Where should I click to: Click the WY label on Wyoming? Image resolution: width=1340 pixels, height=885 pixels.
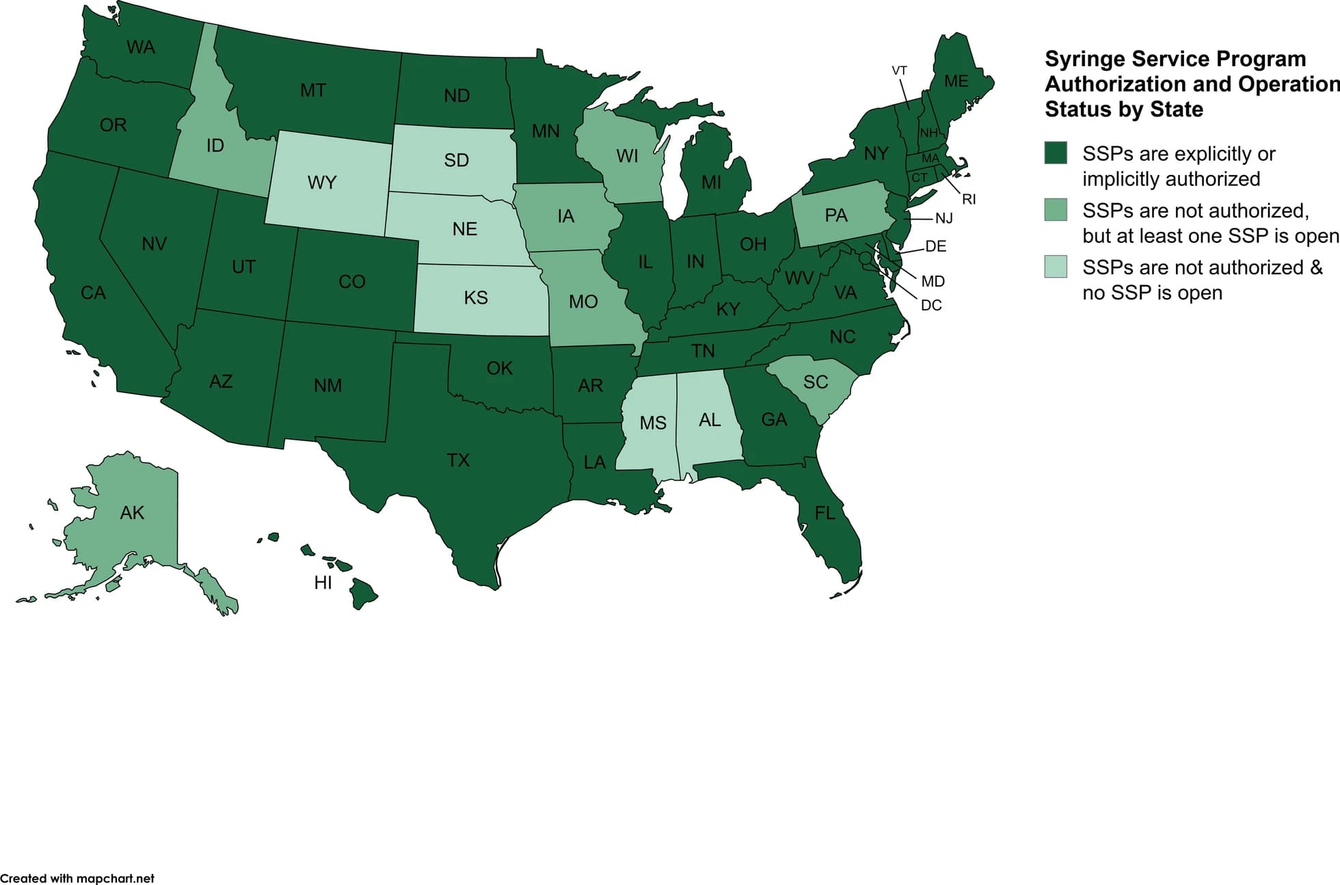pyautogui.click(x=321, y=183)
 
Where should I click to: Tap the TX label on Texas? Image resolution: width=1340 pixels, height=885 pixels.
pyautogui.click(x=458, y=460)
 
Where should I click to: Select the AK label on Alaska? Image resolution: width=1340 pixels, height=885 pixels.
pyautogui.click(x=132, y=512)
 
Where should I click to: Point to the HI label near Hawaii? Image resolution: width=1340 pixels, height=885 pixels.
pyautogui.click(x=323, y=582)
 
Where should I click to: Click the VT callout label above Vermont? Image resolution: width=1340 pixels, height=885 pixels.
pyautogui.click(x=899, y=71)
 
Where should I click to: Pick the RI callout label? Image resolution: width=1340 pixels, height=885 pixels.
pyautogui.click(x=969, y=200)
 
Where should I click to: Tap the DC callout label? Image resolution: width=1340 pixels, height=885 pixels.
pyautogui.click(x=931, y=305)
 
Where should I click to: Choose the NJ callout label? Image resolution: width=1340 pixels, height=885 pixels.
pyautogui.click(x=943, y=218)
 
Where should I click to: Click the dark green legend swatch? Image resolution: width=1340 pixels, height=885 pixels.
pyautogui.click(x=1056, y=153)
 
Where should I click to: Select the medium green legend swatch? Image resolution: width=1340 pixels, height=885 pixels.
pyautogui.click(x=1056, y=210)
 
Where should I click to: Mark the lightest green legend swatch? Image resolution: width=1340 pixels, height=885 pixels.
pyautogui.click(x=1056, y=267)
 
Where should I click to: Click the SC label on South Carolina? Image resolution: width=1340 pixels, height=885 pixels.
pyautogui.click(x=815, y=382)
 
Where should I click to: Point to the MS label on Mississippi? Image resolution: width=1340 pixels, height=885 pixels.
pyautogui.click(x=652, y=423)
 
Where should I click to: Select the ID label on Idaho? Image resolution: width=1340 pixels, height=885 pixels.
pyautogui.click(x=215, y=146)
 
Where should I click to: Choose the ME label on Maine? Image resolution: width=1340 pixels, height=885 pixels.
pyautogui.click(x=956, y=81)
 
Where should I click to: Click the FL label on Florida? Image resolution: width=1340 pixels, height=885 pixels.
pyautogui.click(x=825, y=512)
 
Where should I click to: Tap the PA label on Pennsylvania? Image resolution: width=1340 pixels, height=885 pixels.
pyautogui.click(x=835, y=215)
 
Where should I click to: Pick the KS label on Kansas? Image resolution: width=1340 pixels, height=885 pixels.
pyautogui.click(x=475, y=298)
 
